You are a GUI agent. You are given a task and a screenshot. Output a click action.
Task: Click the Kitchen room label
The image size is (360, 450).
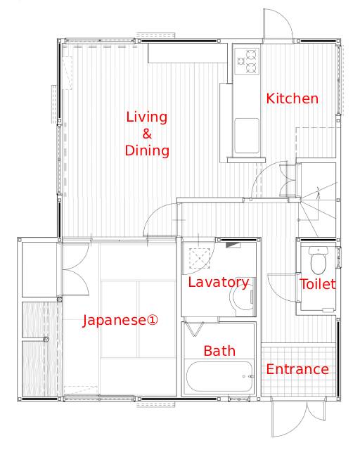coord(292,98)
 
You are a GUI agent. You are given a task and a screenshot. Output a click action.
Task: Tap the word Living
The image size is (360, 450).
coord(147,117)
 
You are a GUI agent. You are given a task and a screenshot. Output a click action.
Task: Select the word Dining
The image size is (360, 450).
coord(147,150)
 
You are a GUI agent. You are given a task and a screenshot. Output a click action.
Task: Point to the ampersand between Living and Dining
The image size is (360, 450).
coord(147,134)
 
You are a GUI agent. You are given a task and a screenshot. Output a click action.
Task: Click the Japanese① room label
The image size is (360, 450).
coord(120,320)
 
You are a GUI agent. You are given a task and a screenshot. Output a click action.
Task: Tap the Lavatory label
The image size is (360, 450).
coord(218,283)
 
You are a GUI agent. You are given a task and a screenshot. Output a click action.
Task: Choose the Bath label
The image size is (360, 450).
coord(219,351)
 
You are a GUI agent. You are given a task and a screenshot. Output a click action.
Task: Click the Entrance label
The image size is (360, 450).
coord(297,369)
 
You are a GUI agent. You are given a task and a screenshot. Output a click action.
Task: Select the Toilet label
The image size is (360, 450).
coord(318,284)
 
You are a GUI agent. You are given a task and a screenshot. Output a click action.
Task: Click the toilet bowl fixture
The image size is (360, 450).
coord(318,260)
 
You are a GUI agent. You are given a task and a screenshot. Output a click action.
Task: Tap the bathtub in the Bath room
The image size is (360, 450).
coord(219,377)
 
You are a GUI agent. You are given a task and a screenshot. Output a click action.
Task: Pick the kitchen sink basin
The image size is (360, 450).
coord(247,136)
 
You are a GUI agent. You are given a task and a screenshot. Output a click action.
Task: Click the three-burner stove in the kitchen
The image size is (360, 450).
coord(247,61)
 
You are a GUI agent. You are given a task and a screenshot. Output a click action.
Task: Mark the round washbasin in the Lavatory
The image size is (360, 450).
coord(243,297)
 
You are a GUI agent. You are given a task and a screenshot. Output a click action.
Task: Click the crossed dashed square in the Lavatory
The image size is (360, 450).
coord(200,258)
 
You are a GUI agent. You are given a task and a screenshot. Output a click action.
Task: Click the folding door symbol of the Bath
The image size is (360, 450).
coord(194,329)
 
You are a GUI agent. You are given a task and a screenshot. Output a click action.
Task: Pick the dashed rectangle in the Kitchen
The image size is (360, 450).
coord(316,143)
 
